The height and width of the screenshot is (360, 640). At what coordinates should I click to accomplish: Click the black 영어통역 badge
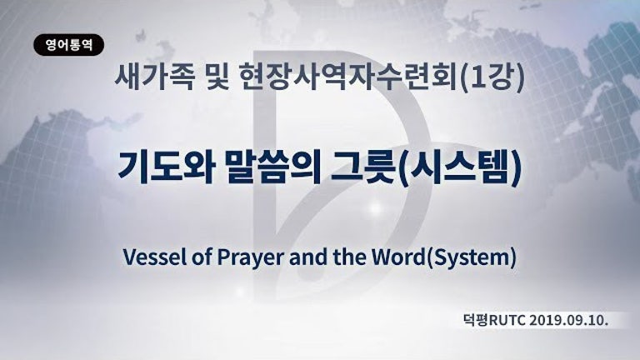pos(68,45)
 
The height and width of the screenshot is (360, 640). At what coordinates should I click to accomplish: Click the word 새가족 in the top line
pos(154,77)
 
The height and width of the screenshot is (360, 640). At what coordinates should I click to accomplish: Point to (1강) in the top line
pos(492,78)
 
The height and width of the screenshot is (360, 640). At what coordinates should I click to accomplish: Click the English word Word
pos(398,257)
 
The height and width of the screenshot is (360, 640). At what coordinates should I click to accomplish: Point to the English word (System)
pos(471,258)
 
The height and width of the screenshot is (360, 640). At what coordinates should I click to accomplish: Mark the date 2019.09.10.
pos(569,320)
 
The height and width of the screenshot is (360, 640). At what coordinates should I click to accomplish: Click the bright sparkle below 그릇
pos(375,208)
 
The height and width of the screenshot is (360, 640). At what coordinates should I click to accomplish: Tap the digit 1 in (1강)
pos(478,77)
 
